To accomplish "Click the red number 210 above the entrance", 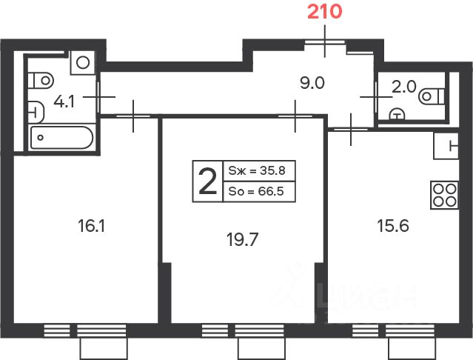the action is (x=324, y=12).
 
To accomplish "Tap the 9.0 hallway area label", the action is (x=312, y=83).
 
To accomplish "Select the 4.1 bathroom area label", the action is (x=64, y=101).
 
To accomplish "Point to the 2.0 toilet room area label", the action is (x=404, y=87).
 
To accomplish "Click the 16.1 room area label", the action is (x=91, y=226).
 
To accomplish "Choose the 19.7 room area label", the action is (x=242, y=239).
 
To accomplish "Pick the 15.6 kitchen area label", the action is (x=393, y=226).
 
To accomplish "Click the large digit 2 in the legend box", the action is (x=208, y=181).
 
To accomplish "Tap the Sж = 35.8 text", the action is (x=257, y=171).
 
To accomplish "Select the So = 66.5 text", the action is (x=256, y=191).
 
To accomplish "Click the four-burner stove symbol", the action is (x=444, y=196).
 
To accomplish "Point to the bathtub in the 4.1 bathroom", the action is (x=61, y=138).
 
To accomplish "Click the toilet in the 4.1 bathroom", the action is (x=41, y=81).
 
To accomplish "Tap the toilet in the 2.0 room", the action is (x=432, y=96).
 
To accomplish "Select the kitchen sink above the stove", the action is (x=446, y=146).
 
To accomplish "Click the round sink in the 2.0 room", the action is (x=397, y=115).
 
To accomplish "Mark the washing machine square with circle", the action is (x=83, y=63).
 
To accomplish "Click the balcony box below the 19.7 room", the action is (x=261, y=349).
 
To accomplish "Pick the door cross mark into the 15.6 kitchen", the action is (x=351, y=129).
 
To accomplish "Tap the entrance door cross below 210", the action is (x=325, y=41).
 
